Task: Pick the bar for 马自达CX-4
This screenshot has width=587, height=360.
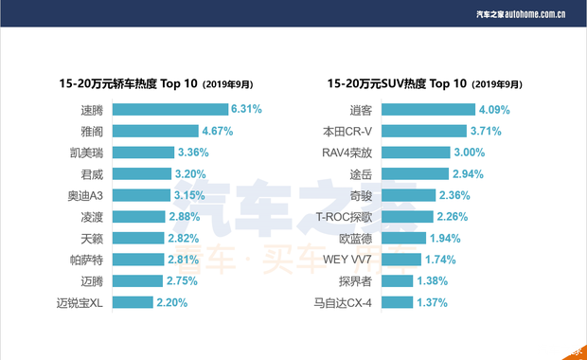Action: coord(427,303)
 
